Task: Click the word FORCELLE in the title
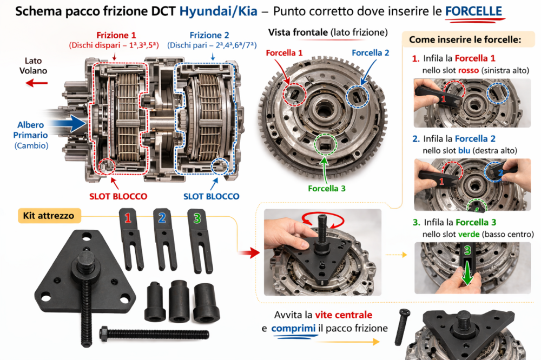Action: [x=473, y=11]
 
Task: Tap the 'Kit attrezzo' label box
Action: [x=49, y=216]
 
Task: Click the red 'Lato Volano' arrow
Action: [x=37, y=83]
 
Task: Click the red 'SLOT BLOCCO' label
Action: [x=118, y=197]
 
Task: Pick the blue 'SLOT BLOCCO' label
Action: [x=211, y=197]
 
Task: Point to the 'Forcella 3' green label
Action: [x=326, y=188]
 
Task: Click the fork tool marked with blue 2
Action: [x=164, y=239]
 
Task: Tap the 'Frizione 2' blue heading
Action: [x=209, y=35]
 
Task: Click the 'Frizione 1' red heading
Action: [x=116, y=35]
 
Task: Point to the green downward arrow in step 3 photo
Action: [x=467, y=272]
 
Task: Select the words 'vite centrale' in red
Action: [x=344, y=315]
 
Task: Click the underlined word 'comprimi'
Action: [x=293, y=329]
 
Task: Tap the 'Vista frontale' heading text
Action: [x=298, y=32]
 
